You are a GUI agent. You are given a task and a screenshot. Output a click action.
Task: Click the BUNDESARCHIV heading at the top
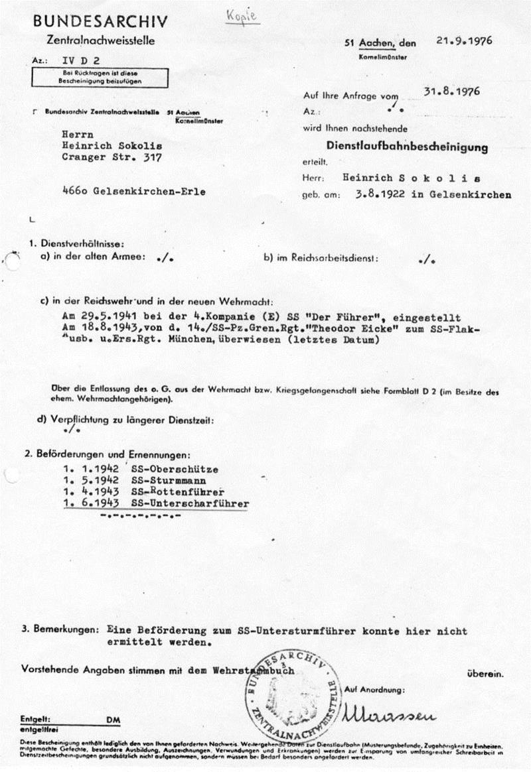[100, 22]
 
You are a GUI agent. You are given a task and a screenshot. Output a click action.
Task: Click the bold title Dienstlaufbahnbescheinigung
[407, 147]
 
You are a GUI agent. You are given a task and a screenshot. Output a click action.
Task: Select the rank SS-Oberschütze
[175, 469]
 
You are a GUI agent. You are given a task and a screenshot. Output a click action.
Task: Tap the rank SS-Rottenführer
[177, 492]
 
